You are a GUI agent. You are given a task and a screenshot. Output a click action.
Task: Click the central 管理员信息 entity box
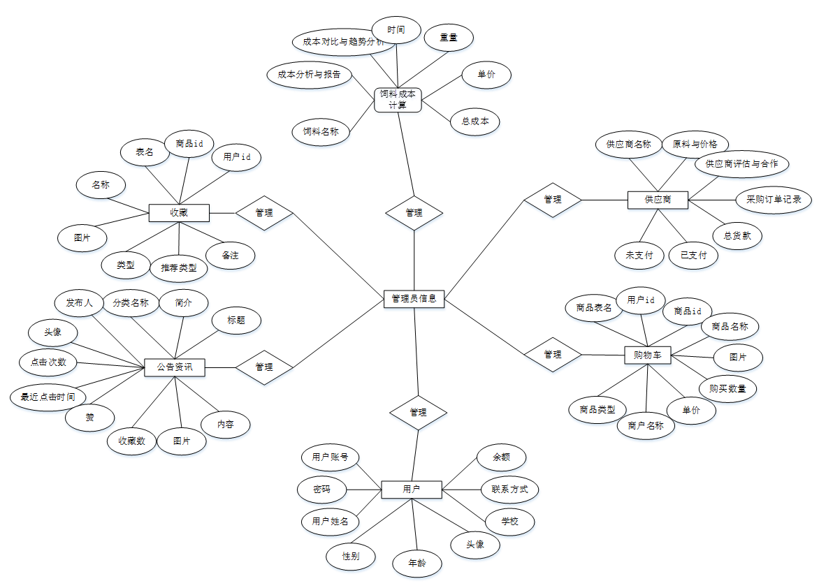point(414,298)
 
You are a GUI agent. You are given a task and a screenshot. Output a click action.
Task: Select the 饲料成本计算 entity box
point(398,99)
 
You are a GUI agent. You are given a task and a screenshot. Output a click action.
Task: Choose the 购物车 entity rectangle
point(647,355)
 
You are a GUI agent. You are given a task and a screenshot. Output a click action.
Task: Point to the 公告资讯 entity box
point(175,367)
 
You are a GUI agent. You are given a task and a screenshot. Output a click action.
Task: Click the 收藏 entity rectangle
point(179,212)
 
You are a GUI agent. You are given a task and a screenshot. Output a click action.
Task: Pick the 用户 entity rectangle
point(412,490)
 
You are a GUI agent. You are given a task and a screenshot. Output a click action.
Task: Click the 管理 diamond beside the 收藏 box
point(264,212)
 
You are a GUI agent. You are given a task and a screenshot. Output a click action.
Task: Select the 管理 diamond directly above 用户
point(418,412)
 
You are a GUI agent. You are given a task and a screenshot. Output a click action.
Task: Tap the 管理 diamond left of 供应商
point(553,200)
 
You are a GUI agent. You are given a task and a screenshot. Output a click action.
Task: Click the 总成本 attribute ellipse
point(475,122)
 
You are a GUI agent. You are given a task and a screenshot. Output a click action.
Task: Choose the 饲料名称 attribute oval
point(321,131)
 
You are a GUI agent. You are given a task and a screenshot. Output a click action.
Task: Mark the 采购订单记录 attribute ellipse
point(774,200)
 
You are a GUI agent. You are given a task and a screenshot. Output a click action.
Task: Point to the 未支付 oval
point(639,255)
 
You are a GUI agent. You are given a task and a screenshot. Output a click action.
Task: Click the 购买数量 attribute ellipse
point(727,388)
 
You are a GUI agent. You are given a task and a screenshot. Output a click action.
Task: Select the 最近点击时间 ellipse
point(48,397)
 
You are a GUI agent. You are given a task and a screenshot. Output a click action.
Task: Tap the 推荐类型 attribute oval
point(179,267)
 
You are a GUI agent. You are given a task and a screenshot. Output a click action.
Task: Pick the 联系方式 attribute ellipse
point(510,489)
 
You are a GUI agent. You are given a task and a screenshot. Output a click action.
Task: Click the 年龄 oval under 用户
point(417,563)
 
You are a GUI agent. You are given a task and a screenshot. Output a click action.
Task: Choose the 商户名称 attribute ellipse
point(646,425)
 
